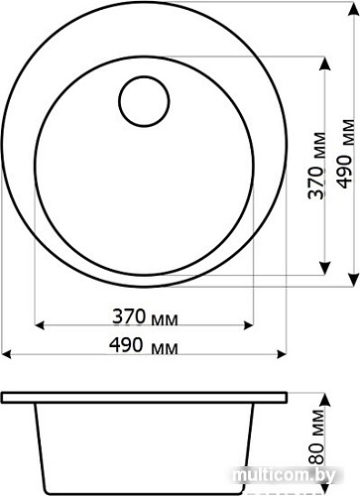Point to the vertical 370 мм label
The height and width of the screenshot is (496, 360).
pos(316,164)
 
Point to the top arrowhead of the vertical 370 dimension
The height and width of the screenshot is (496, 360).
pos(327,57)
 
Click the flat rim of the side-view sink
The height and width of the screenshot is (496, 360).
pos(144,396)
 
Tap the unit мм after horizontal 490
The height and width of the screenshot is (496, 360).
pos(167,347)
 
